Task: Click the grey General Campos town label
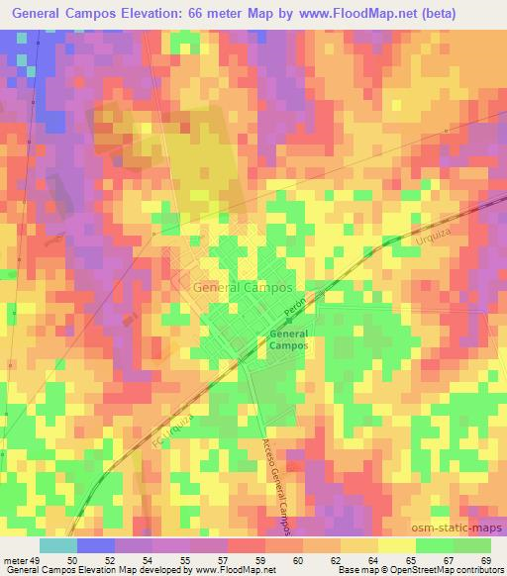click(x=244, y=287)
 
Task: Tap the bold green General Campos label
click(x=288, y=341)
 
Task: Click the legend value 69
click(x=484, y=560)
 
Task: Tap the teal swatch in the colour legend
click(x=58, y=545)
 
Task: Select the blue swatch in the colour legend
click(x=96, y=545)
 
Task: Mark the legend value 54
click(x=154, y=560)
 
